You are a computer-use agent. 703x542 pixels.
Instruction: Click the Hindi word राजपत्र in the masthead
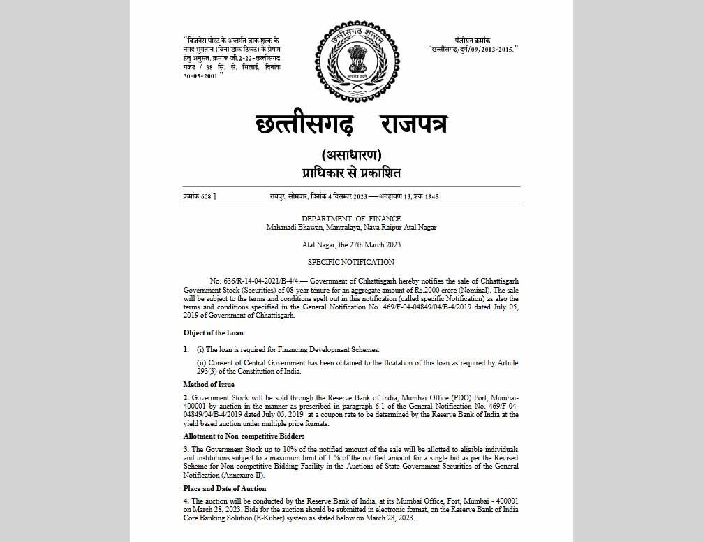[413, 126]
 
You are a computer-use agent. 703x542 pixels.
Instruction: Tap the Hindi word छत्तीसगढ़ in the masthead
[304, 126]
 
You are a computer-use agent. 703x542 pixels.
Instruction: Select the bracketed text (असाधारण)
[351, 155]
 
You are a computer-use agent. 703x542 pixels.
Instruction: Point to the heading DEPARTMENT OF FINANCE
[351, 219]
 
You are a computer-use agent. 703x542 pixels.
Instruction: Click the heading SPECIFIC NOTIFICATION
[351, 262]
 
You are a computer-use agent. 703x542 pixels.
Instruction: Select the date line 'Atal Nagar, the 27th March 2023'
[351, 244]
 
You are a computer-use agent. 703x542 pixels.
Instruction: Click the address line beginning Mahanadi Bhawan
[351, 227]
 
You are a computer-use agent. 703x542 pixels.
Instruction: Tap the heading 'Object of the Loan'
[214, 332]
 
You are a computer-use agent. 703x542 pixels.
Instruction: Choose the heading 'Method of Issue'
[209, 384]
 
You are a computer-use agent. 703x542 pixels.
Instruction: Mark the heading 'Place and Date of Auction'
[225, 488]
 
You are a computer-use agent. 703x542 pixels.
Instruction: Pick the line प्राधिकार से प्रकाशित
[351, 173]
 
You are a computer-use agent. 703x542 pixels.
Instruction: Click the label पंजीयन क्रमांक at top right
[473, 41]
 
